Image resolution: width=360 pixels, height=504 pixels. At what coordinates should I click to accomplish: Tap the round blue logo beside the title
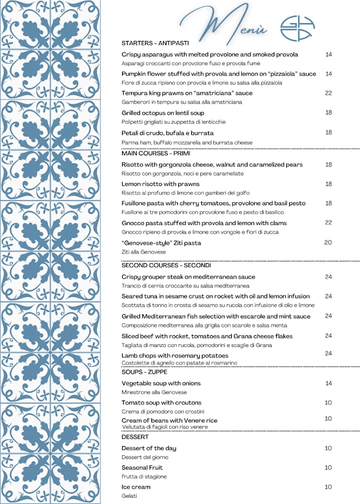click(x=298, y=28)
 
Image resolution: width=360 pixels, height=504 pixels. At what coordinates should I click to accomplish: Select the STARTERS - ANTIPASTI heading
click(x=155, y=43)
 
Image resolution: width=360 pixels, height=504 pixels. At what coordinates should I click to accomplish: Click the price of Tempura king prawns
click(x=328, y=93)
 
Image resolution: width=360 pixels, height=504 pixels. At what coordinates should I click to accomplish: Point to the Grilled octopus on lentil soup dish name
click(x=159, y=113)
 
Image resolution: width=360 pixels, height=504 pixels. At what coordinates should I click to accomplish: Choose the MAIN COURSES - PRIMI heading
click(x=156, y=153)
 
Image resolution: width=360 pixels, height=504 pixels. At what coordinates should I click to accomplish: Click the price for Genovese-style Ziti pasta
click(x=328, y=242)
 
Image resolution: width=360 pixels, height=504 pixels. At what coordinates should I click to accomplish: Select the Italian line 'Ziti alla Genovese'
click(x=143, y=252)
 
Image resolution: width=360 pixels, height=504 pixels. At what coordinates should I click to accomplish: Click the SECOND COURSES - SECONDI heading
click(x=166, y=265)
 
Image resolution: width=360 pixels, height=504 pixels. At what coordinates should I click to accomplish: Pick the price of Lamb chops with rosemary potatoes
click(x=328, y=353)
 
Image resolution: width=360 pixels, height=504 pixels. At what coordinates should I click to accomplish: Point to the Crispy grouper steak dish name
click(x=188, y=277)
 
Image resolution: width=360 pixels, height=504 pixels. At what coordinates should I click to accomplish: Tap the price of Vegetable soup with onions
click(x=328, y=383)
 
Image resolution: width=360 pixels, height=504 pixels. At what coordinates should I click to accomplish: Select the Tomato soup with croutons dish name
click(x=161, y=403)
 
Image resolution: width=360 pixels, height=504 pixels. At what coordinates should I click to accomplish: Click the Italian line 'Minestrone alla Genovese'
click(x=154, y=392)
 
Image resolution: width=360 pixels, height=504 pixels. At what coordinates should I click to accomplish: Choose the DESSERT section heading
click(x=135, y=436)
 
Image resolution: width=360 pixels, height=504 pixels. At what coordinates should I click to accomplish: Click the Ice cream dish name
click(x=136, y=487)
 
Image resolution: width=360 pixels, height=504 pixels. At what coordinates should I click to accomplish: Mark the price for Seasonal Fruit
click(x=328, y=467)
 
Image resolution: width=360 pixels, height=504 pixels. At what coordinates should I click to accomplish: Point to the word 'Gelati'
click(x=129, y=496)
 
